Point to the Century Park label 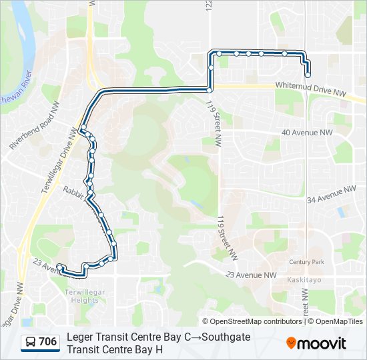(x=306, y=262)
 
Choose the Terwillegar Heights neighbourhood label (x=85, y=296)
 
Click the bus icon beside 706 (x=31, y=343)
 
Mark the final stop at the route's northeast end (x=308, y=75)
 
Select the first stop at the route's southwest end (x=60, y=267)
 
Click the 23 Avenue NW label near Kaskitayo (x=251, y=275)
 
